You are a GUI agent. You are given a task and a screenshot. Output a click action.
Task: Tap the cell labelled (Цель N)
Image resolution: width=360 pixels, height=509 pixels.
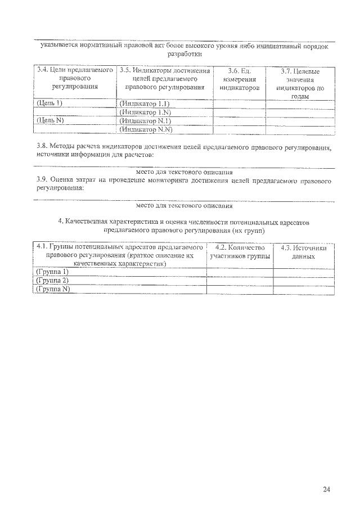click(x=49, y=120)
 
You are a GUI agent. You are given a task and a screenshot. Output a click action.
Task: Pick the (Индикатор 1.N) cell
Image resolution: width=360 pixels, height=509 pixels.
click(x=145, y=112)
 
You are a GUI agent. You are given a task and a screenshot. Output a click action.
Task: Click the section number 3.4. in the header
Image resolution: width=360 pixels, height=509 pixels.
click(x=42, y=70)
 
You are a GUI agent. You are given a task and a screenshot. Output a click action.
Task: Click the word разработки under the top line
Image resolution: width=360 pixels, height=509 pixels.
click(x=184, y=55)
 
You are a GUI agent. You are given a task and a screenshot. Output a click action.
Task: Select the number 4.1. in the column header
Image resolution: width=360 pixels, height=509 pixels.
click(x=42, y=247)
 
